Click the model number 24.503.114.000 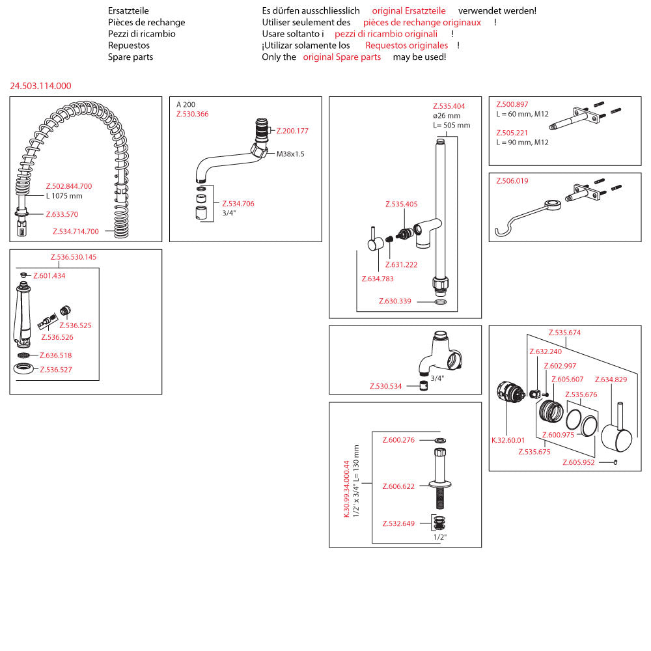coord(40,86)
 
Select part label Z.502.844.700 coord(68,186)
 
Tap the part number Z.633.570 coord(62,214)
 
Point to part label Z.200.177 coord(292,131)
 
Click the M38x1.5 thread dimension coord(290,154)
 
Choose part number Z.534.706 coord(238,204)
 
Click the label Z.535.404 coord(449,106)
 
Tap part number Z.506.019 coord(512,181)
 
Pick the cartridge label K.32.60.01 coord(508,440)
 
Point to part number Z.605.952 coord(579,463)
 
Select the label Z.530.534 coord(387,386)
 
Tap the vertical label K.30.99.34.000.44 coord(347,488)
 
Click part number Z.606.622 coord(398,486)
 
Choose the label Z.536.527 coord(56,370)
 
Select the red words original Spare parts coord(342,57)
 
